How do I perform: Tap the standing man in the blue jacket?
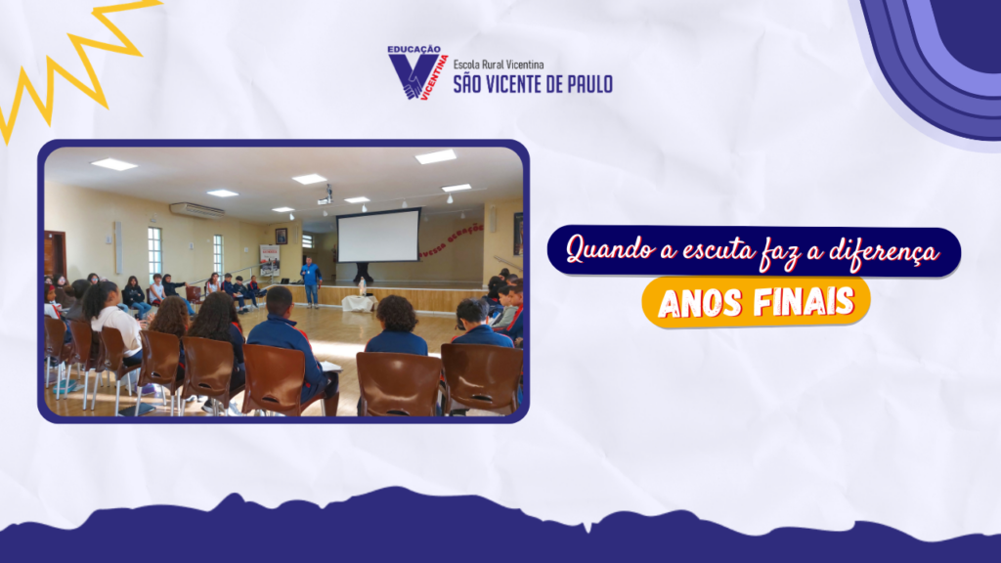[311, 281]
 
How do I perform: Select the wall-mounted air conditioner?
[196, 210]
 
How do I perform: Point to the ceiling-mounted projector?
[326, 196]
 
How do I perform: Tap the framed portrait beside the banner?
[281, 237]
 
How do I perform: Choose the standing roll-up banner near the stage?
[269, 260]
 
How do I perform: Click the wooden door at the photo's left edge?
[55, 255]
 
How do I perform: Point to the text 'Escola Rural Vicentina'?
[499, 65]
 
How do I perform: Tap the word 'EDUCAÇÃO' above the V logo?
[413, 49]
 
